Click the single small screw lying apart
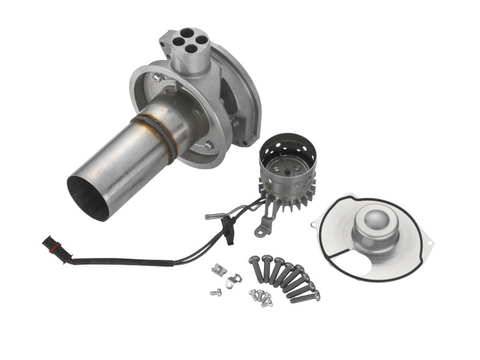point(215,292)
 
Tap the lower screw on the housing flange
point(208,145)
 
